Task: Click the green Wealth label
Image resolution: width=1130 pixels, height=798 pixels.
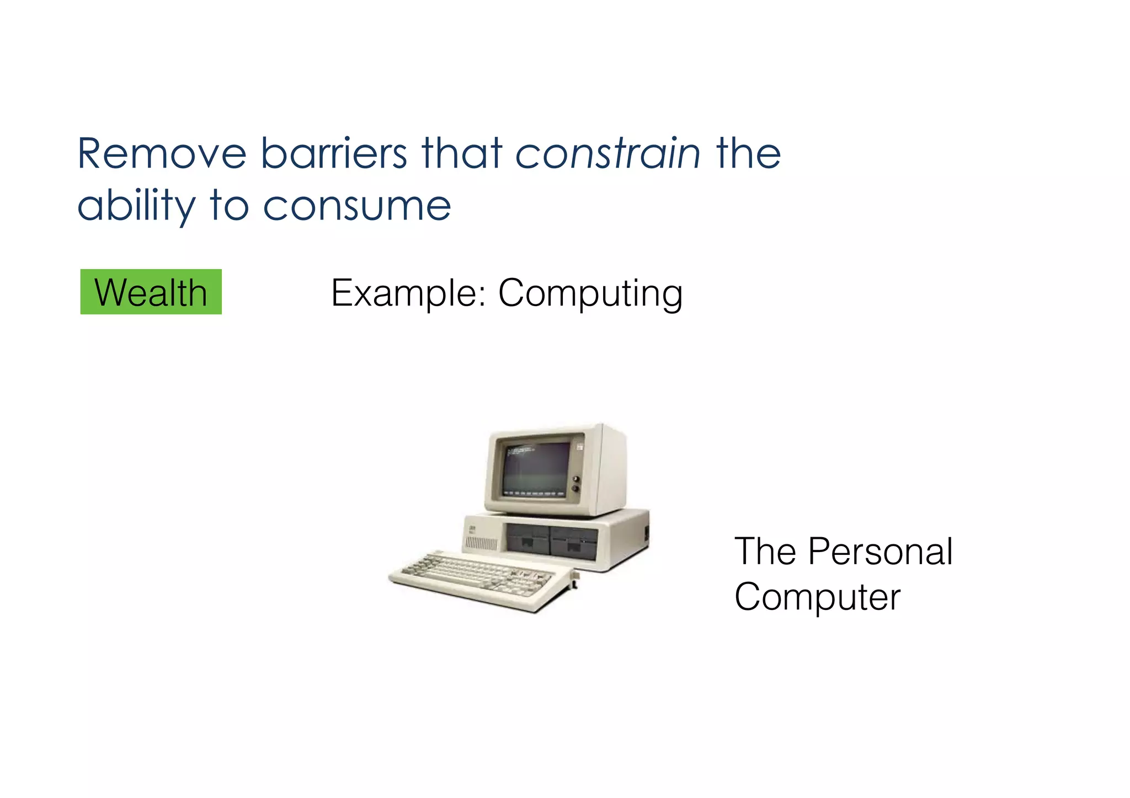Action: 151,292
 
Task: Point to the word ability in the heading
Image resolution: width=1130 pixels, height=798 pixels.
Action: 136,206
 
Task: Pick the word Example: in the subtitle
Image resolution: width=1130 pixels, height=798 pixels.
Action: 408,293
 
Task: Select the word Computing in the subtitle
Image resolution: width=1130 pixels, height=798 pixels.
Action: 590,294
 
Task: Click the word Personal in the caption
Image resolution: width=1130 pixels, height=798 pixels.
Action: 880,551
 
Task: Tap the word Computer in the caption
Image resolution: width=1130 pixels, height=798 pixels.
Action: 817,597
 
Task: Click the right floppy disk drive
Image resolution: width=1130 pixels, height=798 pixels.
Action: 574,542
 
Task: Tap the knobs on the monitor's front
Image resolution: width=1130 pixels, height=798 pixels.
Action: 577,484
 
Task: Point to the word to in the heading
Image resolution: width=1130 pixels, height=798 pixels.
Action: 228,206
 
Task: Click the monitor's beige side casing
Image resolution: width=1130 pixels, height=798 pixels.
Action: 612,469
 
